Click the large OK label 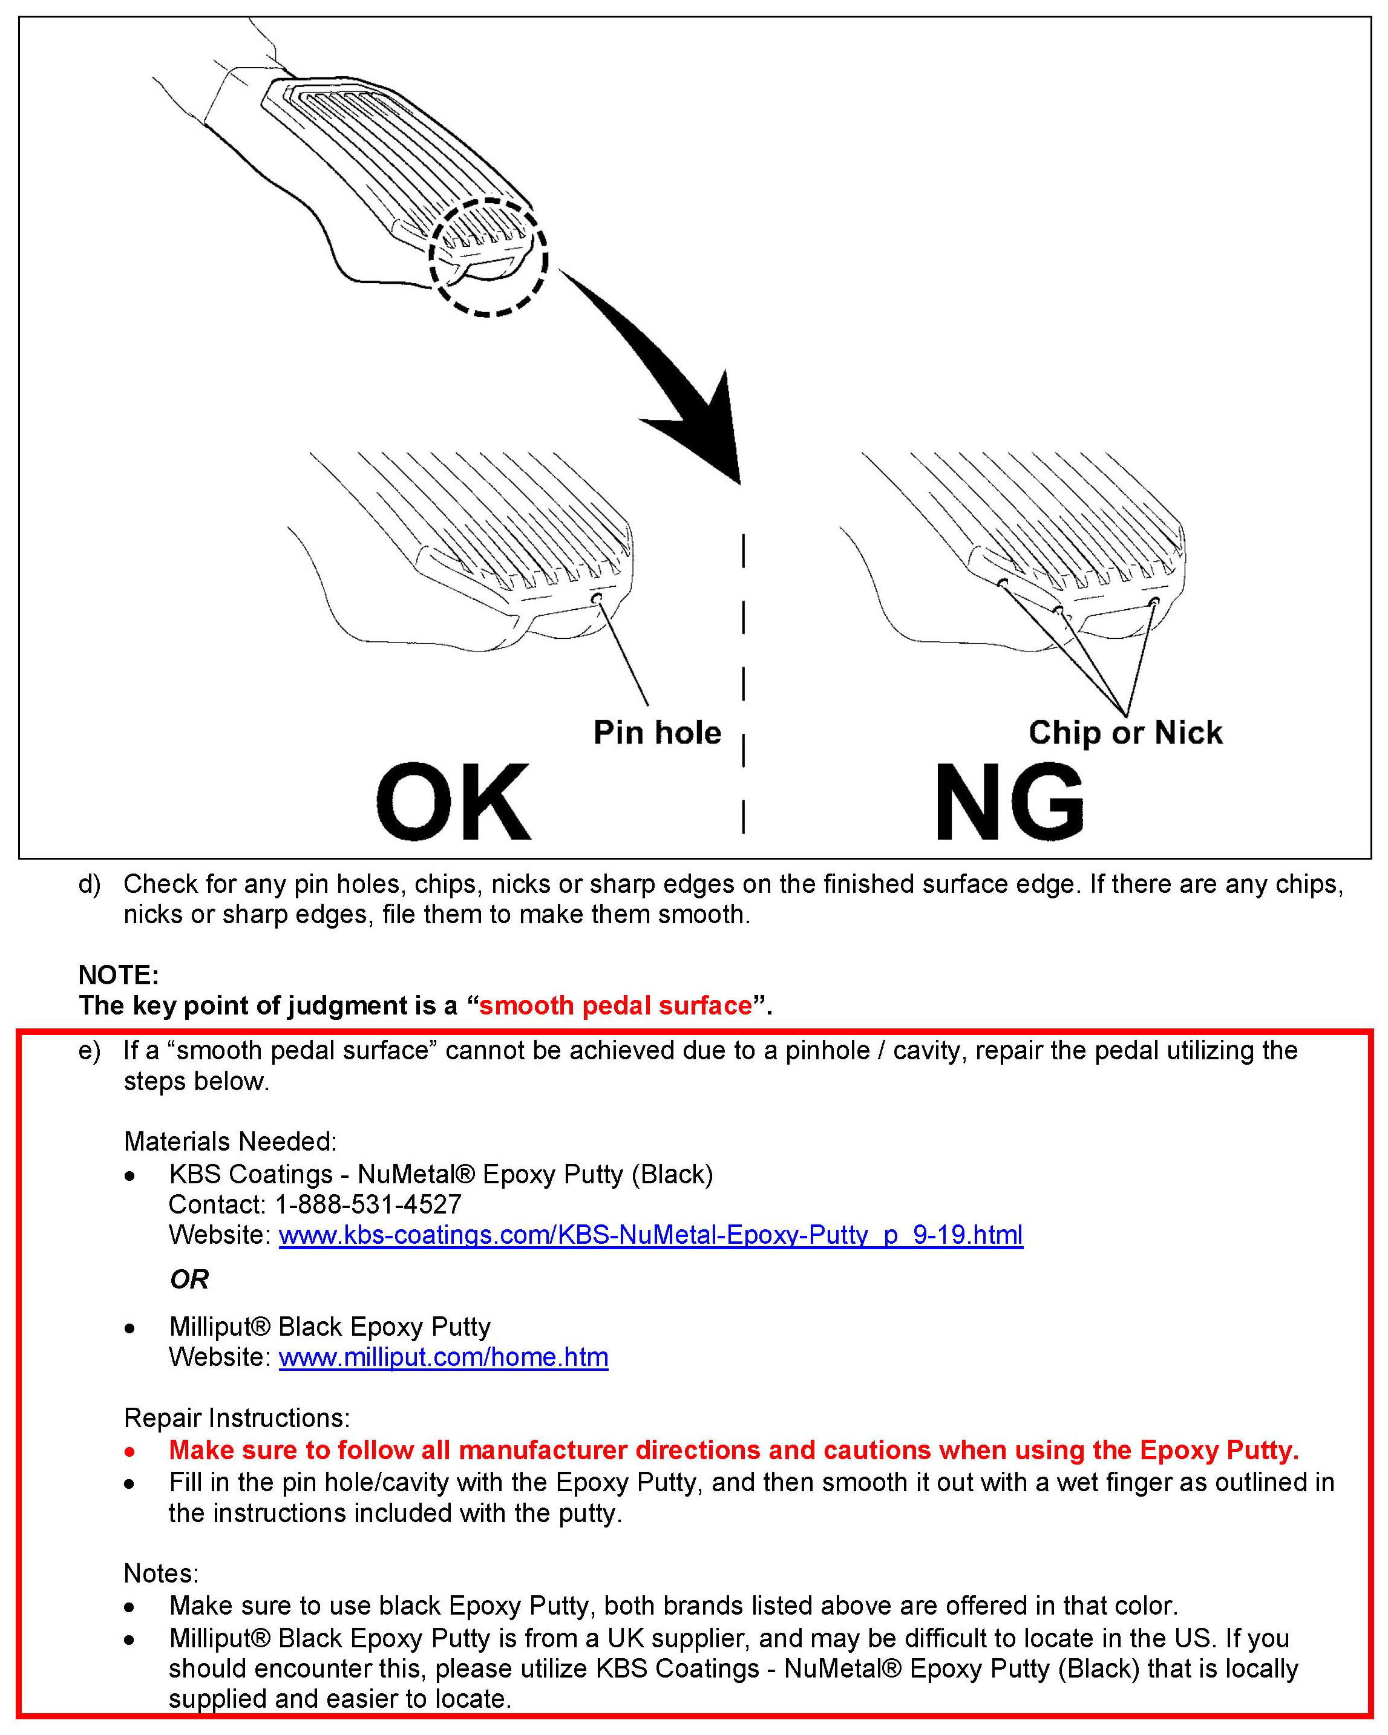coord(453,802)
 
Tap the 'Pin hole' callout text coord(657,733)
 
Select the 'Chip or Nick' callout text coord(1125,733)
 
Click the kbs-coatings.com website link coord(650,1235)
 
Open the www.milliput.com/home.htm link coord(443,1357)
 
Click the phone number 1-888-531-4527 coord(368,1204)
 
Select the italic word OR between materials coord(189,1279)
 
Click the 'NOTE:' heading coord(119,975)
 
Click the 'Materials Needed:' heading coord(231,1141)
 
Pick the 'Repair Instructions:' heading coord(237,1417)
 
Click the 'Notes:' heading coord(161,1572)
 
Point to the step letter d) coord(90,884)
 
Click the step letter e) coord(90,1050)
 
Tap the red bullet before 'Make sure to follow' coord(129,1451)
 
